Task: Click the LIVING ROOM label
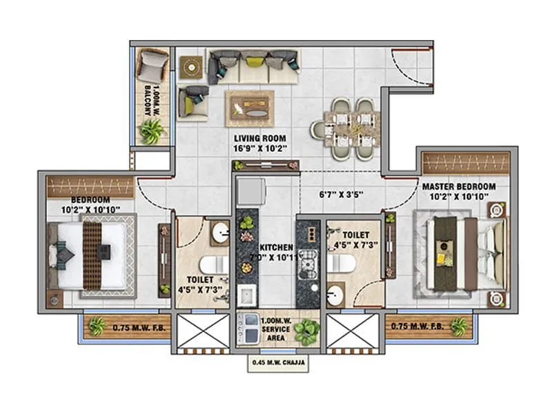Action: pyautogui.click(x=261, y=138)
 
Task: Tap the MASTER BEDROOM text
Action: pyautogui.click(x=459, y=186)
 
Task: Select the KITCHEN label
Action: pyautogui.click(x=277, y=247)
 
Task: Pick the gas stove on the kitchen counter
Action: pyautogui.click(x=308, y=262)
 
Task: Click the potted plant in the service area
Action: pyautogui.click(x=306, y=331)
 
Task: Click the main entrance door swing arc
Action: pyautogui.click(x=407, y=69)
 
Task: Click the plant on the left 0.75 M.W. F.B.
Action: pyautogui.click(x=97, y=326)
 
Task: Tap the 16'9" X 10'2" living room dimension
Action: pyautogui.click(x=261, y=148)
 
